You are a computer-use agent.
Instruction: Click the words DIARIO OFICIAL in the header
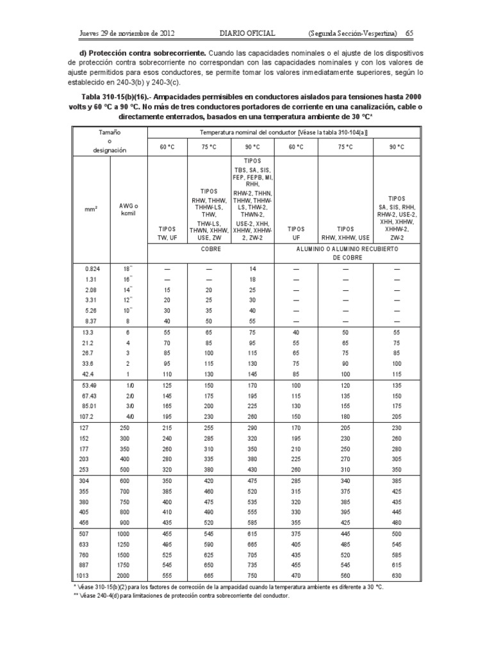[x=241, y=32]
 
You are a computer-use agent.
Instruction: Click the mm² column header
[x=92, y=208]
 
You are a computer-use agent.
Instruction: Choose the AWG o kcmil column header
[x=129, y=209]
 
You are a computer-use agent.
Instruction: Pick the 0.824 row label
[x=92, y=270]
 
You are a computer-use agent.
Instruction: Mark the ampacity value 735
[x=251, y=566]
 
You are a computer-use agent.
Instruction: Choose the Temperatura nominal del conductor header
[x=283, y=132]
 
